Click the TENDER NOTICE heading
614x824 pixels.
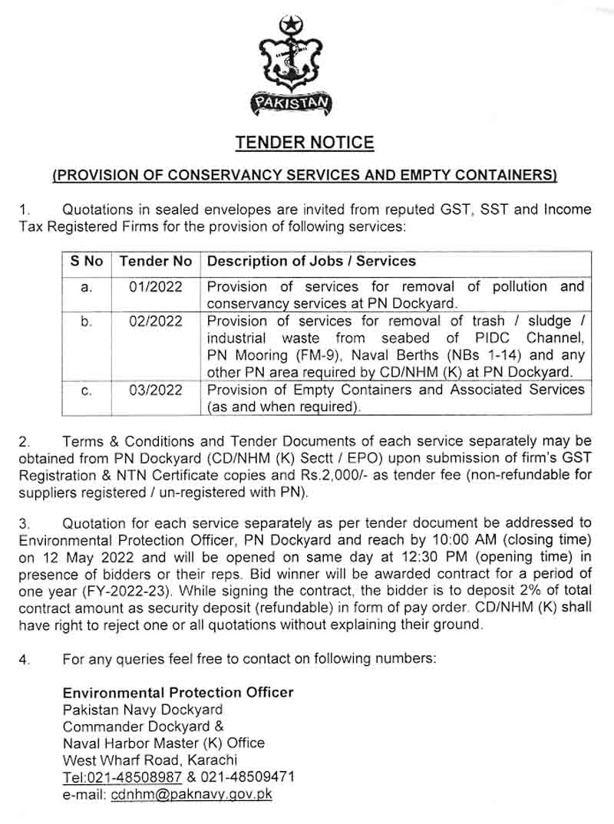coord(305,143)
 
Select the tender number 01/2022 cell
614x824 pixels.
coord(156,287)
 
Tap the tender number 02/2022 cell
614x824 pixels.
coord(156,321)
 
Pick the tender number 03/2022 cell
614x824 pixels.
coord(156,390)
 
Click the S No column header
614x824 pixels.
coord(87,262)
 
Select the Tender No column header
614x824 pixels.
coord(156,262)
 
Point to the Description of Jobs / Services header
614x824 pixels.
coord(312,262)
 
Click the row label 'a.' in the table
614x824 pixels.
coord(87,287)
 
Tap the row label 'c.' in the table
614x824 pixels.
coord(87,391)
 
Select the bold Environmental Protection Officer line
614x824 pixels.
coord(178,692)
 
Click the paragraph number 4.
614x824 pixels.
coord(23,658)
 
